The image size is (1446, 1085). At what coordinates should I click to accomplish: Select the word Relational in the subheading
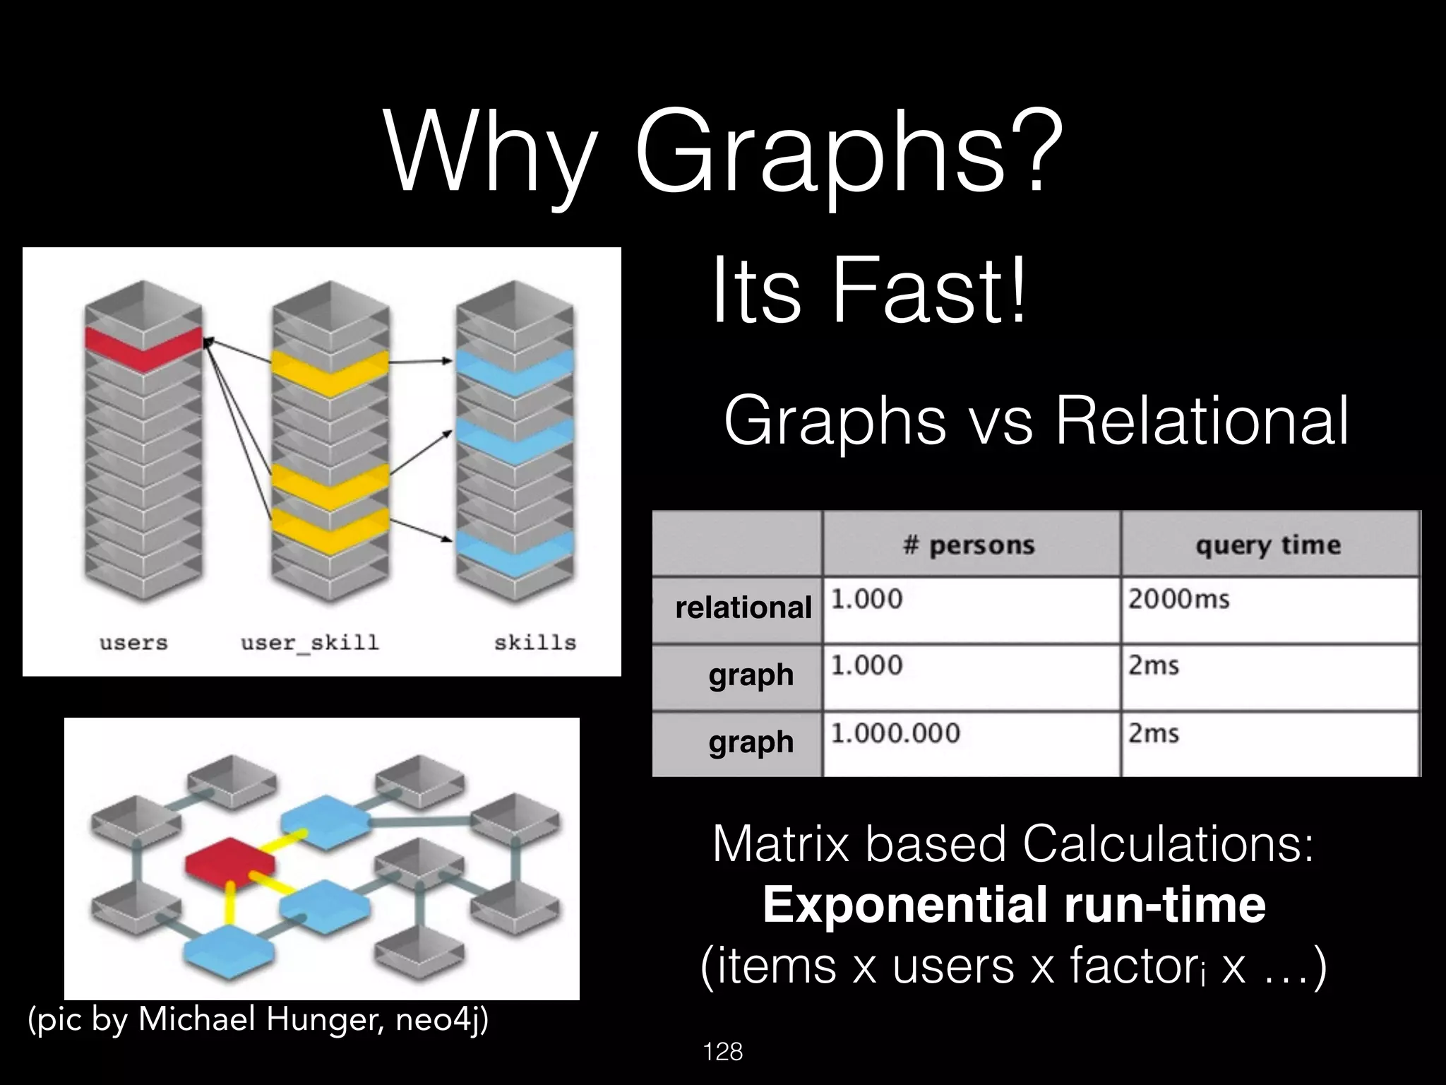tap(1201, 422)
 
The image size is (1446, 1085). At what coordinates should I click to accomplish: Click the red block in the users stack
tap(143, 349)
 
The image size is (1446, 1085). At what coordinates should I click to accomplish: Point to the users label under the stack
tap(133, 643)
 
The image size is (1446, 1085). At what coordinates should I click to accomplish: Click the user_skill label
tap(310, 643)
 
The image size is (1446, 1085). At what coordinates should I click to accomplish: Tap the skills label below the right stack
tap(534, 643)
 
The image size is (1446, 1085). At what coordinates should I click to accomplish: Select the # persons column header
tap(969, 545)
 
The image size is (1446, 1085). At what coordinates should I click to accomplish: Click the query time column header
tap(1267, 545)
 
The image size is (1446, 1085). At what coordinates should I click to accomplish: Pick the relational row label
tap(743, 607)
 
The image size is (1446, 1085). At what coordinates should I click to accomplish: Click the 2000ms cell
tap(1178, 599)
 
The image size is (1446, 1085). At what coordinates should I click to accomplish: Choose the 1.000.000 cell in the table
tap(895, 733)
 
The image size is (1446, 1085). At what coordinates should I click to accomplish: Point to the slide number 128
tap(723, 1053)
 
